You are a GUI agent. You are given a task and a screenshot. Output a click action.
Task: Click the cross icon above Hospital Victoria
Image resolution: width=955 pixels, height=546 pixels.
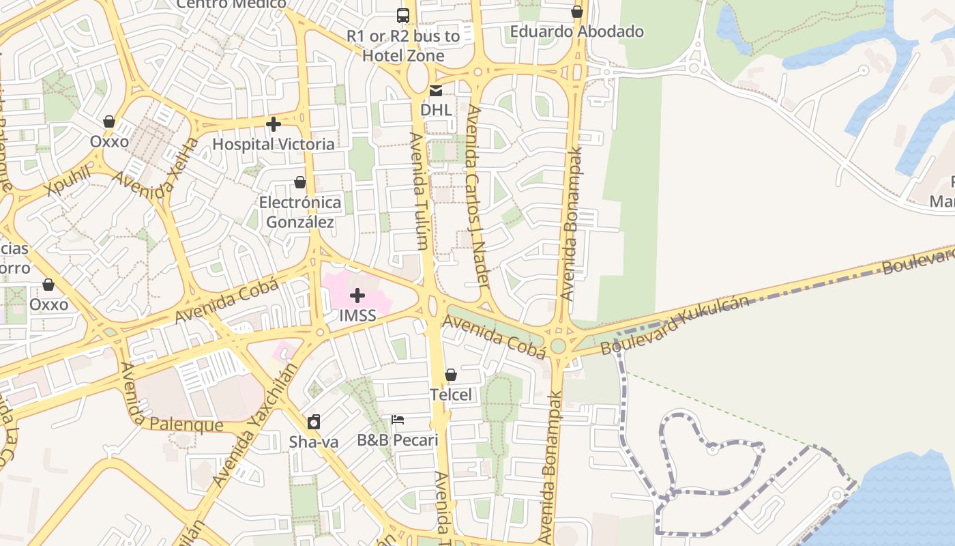point(274,124)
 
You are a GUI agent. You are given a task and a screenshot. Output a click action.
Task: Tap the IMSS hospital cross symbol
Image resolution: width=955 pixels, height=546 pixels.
point(357,296)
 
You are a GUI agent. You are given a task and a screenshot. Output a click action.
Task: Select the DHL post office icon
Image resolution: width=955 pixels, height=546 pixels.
point(435,90)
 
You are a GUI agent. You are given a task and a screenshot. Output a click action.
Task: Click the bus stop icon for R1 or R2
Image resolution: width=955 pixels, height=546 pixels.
point(403,15)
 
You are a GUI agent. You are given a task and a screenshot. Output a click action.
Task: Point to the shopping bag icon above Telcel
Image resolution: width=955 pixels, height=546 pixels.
point(450,375)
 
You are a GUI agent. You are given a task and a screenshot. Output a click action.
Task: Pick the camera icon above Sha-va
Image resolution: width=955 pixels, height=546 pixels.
point(314,422)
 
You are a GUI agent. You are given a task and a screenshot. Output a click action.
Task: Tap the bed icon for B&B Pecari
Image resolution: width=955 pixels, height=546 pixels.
point(398,420)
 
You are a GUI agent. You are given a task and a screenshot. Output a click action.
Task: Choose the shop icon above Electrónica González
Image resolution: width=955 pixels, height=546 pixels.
point(299,182)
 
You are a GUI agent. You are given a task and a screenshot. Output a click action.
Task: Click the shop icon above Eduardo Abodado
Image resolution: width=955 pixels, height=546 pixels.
point(577,12)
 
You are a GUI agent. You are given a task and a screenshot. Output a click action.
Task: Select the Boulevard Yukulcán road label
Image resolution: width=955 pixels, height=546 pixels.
point(674,326)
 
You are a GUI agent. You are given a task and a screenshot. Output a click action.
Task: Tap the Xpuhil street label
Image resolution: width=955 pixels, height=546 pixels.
point(69,181)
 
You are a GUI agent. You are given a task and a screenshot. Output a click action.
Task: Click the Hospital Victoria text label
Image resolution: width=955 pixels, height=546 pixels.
point(274,144)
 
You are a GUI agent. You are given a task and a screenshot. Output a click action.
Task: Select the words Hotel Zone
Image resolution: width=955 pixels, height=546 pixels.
point(403,55)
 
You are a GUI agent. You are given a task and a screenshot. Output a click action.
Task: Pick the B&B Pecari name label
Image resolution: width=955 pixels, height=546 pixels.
point(398,440)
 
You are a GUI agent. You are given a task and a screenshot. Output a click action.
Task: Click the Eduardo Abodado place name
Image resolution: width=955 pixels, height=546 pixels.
point(577,31)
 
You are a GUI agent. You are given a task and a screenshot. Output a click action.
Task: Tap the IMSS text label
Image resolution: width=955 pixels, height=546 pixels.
point(357,316)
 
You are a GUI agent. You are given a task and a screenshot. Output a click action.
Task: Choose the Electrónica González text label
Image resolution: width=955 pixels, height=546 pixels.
point(300,212)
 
